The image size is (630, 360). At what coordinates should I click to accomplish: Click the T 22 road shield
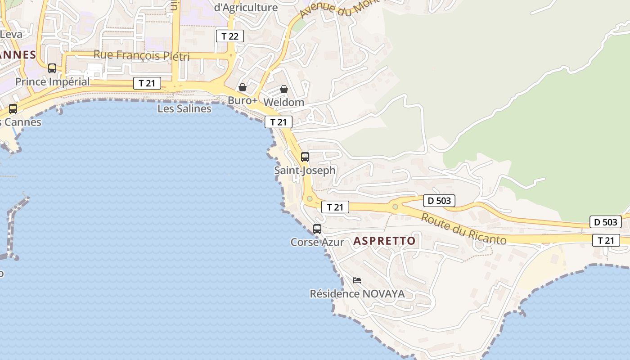[230, 36]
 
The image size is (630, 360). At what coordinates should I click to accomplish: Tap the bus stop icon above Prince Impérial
[52, 68]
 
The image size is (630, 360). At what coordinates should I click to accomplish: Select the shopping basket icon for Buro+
[243, 87]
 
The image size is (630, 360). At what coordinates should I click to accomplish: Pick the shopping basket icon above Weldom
[284, 89]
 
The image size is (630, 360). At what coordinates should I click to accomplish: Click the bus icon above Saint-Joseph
[305, 157]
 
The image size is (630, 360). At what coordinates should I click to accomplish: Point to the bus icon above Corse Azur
[317, 229]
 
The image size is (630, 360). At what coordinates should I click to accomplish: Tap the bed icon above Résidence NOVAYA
[357, 280]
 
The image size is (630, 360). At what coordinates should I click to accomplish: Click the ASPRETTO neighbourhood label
[384, 241]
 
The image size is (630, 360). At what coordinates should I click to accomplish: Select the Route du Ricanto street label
[463, 229]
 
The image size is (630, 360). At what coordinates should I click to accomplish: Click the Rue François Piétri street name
[141, 56]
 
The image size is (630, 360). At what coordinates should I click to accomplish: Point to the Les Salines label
[184, 108]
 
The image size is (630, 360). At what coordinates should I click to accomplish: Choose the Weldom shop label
[283, 102]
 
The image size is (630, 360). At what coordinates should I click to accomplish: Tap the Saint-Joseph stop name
[305, 171]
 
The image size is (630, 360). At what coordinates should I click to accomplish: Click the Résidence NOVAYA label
[357, 294]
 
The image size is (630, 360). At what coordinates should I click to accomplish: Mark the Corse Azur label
[317, 242]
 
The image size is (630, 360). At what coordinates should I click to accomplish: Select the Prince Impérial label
[52, 82]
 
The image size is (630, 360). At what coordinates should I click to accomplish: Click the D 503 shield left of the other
[439, 201]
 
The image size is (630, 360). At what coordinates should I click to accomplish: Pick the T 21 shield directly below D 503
[606, 240]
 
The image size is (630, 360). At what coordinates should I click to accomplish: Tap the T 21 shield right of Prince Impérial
[147, 83]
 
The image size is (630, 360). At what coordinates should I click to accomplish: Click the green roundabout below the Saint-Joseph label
[310, 198]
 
